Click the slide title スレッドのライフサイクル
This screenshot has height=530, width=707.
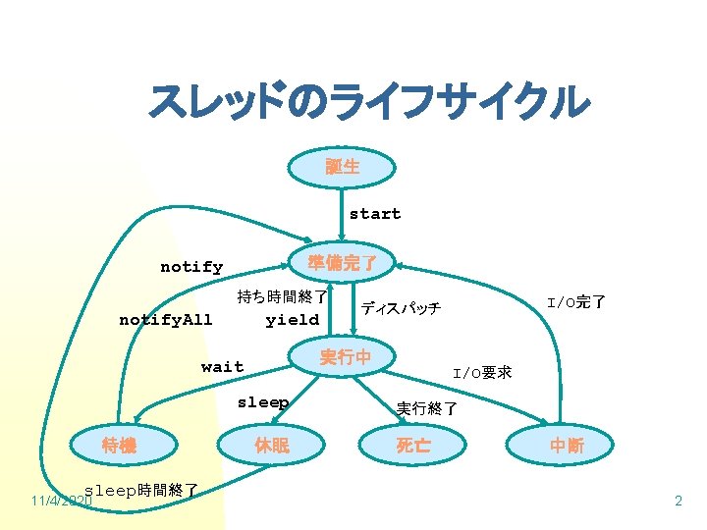coord(368,102)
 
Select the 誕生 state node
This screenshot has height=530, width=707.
coord(342,167)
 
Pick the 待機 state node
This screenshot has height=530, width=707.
coord(119,446)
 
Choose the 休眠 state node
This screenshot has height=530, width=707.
coord(272,446)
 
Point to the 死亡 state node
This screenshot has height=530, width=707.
coord(413,446)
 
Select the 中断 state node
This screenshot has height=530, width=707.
coord(567,446)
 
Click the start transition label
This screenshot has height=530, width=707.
coord(375,214)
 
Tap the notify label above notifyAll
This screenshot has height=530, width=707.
coord(191,267)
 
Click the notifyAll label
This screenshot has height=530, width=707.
coord(165,320)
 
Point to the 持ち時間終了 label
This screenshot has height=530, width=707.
coord(282,296)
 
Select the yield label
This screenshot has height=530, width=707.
coord(292,320)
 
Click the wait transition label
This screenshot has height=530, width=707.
coord(222,367)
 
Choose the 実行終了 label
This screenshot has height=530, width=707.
coord(426,408)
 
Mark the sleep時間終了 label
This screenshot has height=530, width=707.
coord(142,489)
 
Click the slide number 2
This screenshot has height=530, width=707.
coord(678,502)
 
